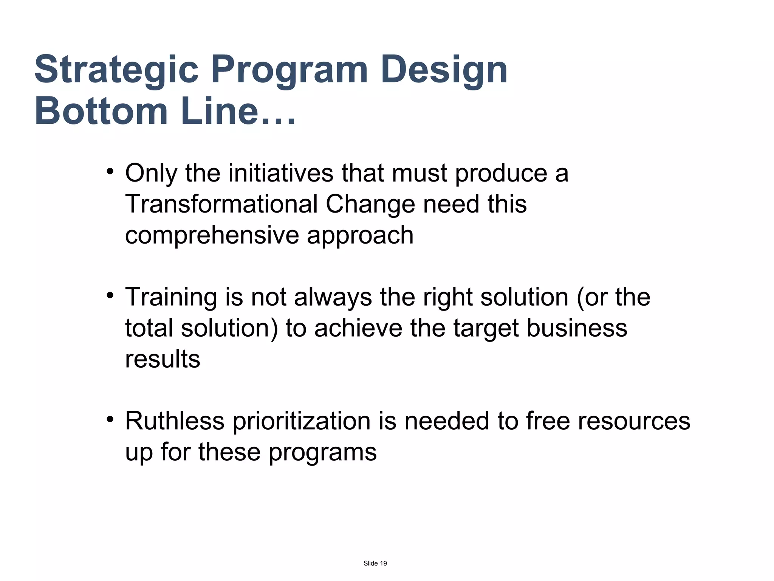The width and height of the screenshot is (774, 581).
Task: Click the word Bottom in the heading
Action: click(101, 112)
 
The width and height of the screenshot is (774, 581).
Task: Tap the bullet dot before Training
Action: click(110, 295)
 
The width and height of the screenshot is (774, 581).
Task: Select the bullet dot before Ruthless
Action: click(110, 419)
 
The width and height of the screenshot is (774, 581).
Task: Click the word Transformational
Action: click(221, 204)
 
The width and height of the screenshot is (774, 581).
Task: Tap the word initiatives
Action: click(281, 173)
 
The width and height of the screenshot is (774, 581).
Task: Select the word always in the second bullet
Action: click(333, 297)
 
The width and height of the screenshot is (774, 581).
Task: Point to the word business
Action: click(577, 328)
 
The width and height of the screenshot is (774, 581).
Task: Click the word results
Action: click(163, 359)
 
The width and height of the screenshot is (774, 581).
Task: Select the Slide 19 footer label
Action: click(375, 563)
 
